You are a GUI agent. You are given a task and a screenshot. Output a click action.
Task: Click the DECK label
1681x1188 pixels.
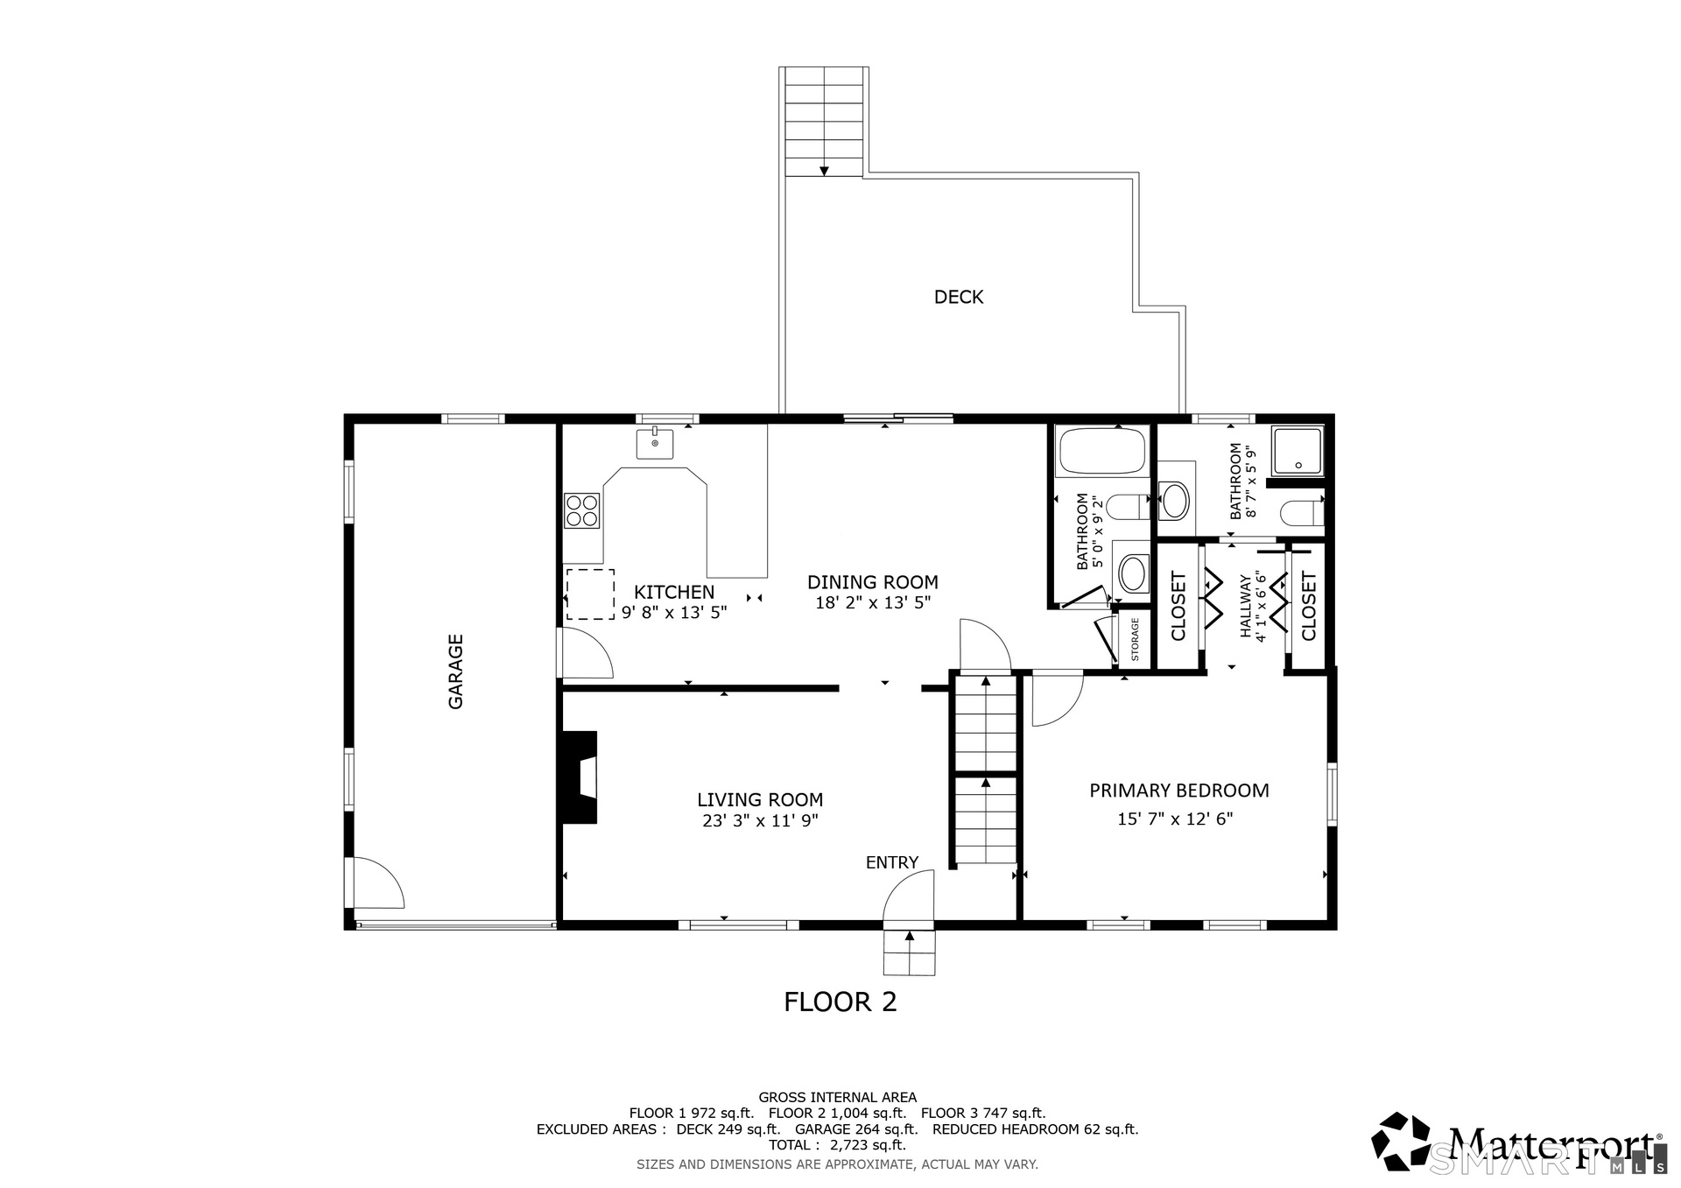(x=959, y=298)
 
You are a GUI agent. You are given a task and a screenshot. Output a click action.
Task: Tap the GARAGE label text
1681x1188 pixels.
(x=456, y=671)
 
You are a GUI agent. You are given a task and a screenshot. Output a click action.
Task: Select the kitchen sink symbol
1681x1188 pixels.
(x=655, y=443)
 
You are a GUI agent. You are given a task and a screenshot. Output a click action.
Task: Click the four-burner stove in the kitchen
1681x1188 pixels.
(x=582, y=511)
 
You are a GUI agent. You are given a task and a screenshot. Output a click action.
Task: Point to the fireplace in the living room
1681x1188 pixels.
(x=580, y=777)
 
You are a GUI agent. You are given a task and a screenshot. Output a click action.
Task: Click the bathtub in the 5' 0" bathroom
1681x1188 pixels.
(x=1103, y=451)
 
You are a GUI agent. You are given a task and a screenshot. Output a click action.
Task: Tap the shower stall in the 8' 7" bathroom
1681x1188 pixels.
(x=1298, y=451)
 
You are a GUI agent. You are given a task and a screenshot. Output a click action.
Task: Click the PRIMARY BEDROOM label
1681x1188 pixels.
(x=1179, y=791)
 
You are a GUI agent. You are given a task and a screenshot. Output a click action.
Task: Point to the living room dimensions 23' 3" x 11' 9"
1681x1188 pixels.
(x=760, y=821)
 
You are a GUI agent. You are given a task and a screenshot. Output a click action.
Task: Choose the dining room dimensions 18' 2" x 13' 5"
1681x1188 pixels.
(x=873, y=603)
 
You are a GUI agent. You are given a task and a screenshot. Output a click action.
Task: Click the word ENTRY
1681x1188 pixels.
(x=892, y=863)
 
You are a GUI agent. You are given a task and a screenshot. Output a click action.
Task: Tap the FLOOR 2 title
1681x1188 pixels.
(x=840, y=1002)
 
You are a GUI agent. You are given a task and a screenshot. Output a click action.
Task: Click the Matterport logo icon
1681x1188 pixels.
(x=1403, y=1142)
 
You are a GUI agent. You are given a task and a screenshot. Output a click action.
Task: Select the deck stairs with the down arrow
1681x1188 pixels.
(x=824, y=122)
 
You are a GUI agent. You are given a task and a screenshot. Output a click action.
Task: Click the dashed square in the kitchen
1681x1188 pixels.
(x=590, y=594)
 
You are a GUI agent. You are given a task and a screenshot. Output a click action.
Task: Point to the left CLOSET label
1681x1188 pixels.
(x=1178, y=607)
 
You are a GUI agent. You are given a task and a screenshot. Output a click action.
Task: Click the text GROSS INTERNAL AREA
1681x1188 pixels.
(x=837, y=1098)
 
